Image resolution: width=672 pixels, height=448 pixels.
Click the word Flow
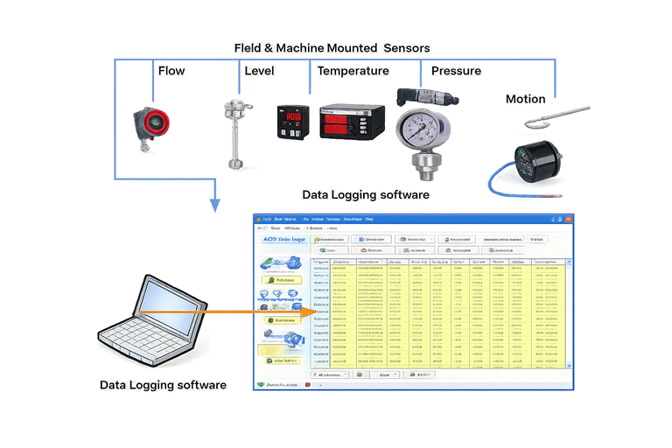tap(171, 71)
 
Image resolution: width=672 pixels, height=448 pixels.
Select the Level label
tap(259, 71)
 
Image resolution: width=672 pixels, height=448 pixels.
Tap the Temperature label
tap(353, 71)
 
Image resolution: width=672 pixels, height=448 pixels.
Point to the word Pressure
tap(456, 71)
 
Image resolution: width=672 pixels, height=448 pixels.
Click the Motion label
tap(525, 99)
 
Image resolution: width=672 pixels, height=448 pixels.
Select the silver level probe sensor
tap(234, 131)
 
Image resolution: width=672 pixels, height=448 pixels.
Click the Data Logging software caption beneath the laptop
tap(163, 384)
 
